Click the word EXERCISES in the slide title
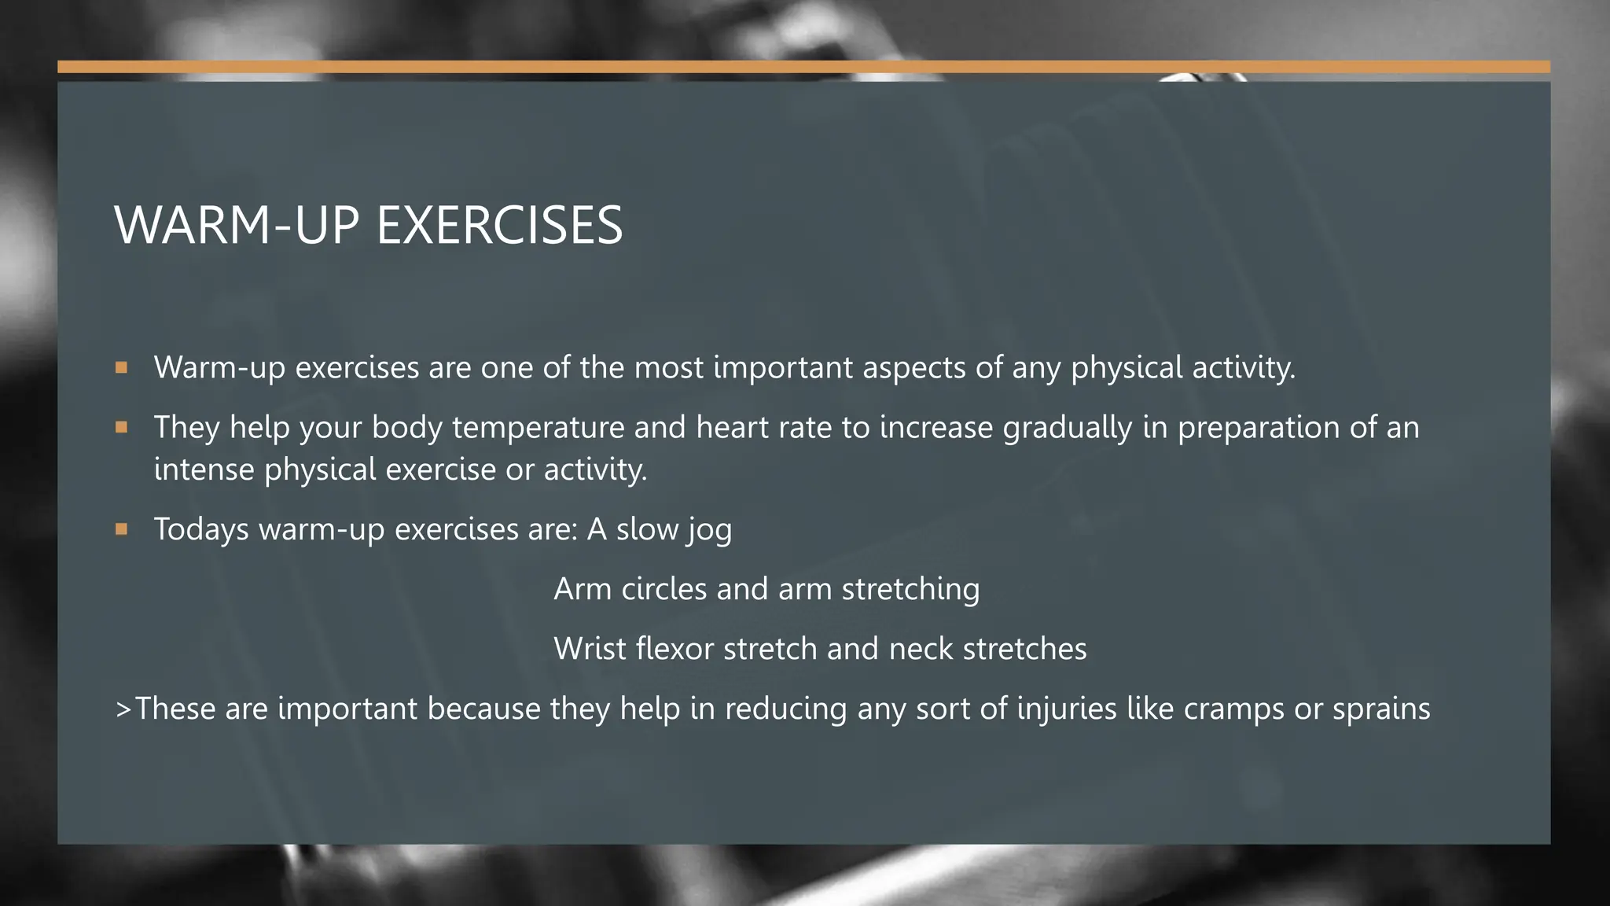[x=499, y=226]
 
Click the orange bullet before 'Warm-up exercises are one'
[x=121, y=367]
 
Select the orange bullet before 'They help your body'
[x=121, y=427]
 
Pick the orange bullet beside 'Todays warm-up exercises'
[x=121, y=529]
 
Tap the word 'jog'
[x=709, y=530]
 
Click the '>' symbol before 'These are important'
[x=123, y=709]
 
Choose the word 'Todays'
[x=201, y=529]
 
